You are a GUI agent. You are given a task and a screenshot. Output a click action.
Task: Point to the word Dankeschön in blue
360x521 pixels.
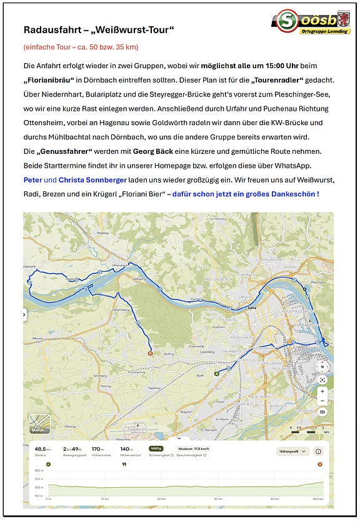tap(294, 194)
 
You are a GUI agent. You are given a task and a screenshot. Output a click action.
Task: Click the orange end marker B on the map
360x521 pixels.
tap(149, 353)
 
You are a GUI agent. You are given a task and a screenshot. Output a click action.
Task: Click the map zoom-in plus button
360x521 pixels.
tap(322, 391)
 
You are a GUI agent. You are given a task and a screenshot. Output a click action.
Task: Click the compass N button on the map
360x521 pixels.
tap(322, 367)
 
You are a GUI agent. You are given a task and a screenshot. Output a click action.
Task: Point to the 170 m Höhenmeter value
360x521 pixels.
tap(97, 448)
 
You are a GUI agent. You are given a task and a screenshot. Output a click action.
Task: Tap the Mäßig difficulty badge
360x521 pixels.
tap(156, 448)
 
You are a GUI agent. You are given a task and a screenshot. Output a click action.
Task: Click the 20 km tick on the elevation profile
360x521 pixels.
tap(162, 498)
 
